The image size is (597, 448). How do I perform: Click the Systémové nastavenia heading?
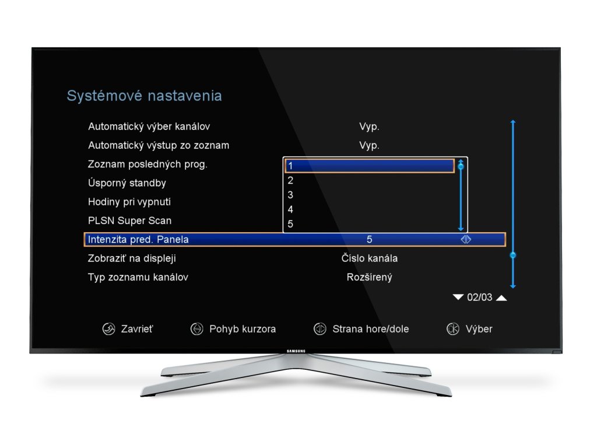click(x=144, y=96)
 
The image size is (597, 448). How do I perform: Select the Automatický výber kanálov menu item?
click(x=149, y=127)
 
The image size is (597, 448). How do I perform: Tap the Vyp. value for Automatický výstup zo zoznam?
click(x=369, y=145)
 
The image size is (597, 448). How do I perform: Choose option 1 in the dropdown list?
click(x=369, y=166)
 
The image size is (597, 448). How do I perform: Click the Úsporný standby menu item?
click(x=127, y=183)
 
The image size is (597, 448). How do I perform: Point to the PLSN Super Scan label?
click(x=129, y=220)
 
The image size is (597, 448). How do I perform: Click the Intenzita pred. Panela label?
click(x=138, y=239)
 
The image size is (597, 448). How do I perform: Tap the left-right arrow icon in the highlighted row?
click(x=466, y=239)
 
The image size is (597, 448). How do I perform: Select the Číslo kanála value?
click(x=370, y=258)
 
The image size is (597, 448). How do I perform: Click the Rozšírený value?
click(x=369, y=277)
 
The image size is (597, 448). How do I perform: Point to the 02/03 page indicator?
click(x=480, y=297)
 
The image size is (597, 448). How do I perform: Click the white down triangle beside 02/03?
click(x=458, y=297)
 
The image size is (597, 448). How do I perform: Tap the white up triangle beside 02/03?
click(x=501, y=298)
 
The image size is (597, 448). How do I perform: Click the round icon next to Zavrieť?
click(x=108, y=329)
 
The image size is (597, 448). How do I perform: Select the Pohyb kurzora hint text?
click(x=243, y=329)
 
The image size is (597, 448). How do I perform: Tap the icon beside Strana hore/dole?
click(x=319, y=329)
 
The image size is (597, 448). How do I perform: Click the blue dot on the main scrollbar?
click(x=513, y=255)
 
